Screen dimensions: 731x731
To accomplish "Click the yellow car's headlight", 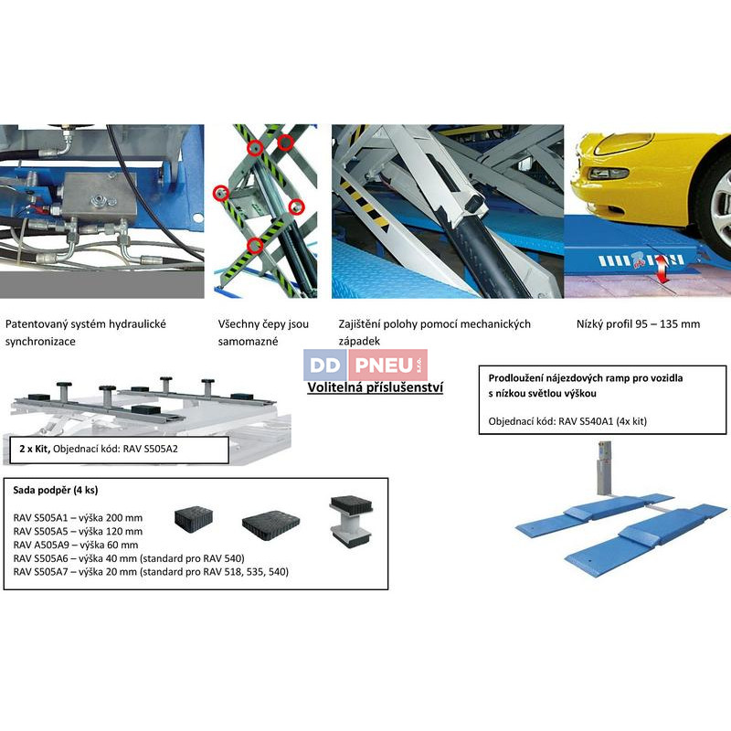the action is (x=608, y=175).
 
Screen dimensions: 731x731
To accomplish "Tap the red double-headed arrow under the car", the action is (x=661, y=270).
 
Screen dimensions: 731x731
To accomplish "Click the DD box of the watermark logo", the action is (x=325, y=365).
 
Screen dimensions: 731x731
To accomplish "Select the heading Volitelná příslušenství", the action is (x=376, y=387).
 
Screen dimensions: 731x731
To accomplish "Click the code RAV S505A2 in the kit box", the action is (x=151, y=450).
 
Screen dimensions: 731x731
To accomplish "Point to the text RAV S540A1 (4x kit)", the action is (x=603, y=421).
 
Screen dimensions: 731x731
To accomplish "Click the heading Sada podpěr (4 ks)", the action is (x=56, y=491).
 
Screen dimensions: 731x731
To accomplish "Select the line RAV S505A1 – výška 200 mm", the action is (x=78, y=518).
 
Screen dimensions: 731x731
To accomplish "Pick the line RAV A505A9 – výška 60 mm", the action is (x=76, y=545).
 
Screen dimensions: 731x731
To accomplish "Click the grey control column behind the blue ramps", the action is (x=604, y=469).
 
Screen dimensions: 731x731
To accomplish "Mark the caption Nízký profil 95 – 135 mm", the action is (x=638, y=324).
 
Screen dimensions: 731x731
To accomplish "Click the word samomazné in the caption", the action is (x=248, y=341).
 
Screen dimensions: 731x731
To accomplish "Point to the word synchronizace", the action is (x=40, y=342).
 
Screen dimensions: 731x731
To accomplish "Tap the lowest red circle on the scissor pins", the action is (x=254, y=244).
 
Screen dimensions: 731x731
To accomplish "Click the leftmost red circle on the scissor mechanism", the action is (x=220, y=192).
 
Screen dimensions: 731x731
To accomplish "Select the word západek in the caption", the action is (x=359, y=341).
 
